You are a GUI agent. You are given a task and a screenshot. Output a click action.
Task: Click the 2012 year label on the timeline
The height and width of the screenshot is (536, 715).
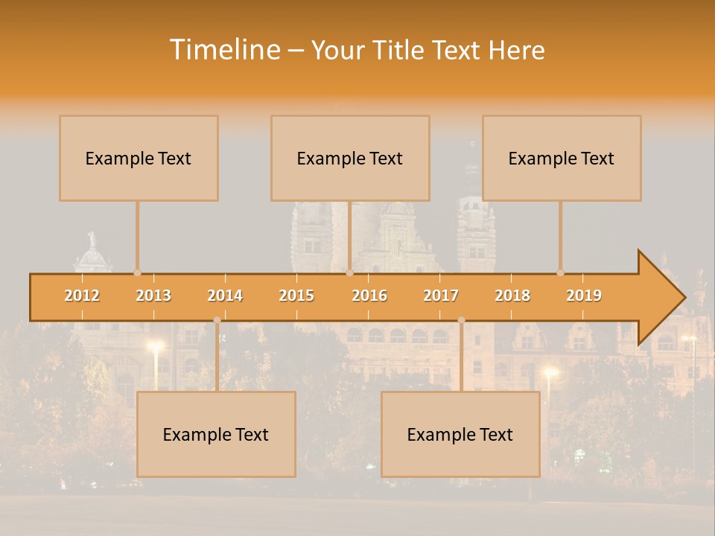point(82,296)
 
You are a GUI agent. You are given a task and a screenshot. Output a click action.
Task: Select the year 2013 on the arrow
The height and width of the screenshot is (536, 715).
point(153,296)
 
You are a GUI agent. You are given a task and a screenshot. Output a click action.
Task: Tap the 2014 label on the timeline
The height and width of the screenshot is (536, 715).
point(225,296)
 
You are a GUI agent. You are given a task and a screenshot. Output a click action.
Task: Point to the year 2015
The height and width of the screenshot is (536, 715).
point(296,296)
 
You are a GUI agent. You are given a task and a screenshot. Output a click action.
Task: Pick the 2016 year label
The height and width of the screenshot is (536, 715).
point(369,296)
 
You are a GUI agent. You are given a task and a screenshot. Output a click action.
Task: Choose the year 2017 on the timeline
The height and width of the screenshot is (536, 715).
point(441,296)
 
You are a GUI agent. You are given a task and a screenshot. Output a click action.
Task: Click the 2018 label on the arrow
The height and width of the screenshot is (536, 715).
point(512,296)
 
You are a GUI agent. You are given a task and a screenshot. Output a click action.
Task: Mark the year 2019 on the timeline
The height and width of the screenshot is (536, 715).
point(584,296)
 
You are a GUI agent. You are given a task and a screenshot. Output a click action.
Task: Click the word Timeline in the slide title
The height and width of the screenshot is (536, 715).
point(224,50)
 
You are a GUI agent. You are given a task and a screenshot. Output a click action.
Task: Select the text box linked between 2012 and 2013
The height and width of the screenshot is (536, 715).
point(139,158)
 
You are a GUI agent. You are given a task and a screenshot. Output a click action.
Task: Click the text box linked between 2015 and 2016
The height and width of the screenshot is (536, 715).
point(350,158)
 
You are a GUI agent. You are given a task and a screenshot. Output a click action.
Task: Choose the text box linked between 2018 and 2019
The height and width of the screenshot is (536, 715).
point(562,158)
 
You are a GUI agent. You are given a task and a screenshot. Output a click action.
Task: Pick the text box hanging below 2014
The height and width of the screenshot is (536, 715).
point(216,434)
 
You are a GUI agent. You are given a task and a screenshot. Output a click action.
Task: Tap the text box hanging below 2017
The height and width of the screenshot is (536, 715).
point(460,434)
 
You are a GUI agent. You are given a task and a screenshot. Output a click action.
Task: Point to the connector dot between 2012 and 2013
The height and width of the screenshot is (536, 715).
point(137,273)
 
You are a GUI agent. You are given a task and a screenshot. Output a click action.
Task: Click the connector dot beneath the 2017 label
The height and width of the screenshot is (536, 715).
point(461,320)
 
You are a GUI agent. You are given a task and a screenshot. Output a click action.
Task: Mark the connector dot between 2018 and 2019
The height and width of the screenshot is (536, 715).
point(560,273)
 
